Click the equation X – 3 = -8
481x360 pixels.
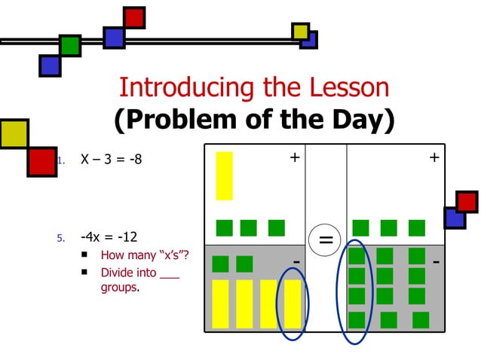(111, 160)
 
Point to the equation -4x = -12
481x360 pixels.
(109, 237)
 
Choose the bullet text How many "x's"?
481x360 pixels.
(145, 255)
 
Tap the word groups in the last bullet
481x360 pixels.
(119, 288)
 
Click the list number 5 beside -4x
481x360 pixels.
(62, 238)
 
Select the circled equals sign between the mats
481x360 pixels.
(326, 240)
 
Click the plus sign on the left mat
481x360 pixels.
(294, 157)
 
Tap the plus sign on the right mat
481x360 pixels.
(434, 157)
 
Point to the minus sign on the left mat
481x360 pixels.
(296, 261)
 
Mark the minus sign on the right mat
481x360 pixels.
(436, 261)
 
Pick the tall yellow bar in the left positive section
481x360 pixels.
(224, 175)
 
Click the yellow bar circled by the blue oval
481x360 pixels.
(293, 304)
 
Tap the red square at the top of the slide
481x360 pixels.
(134, 17)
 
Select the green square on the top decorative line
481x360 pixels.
(70, 45)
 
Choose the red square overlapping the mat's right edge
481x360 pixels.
(467, 202)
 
